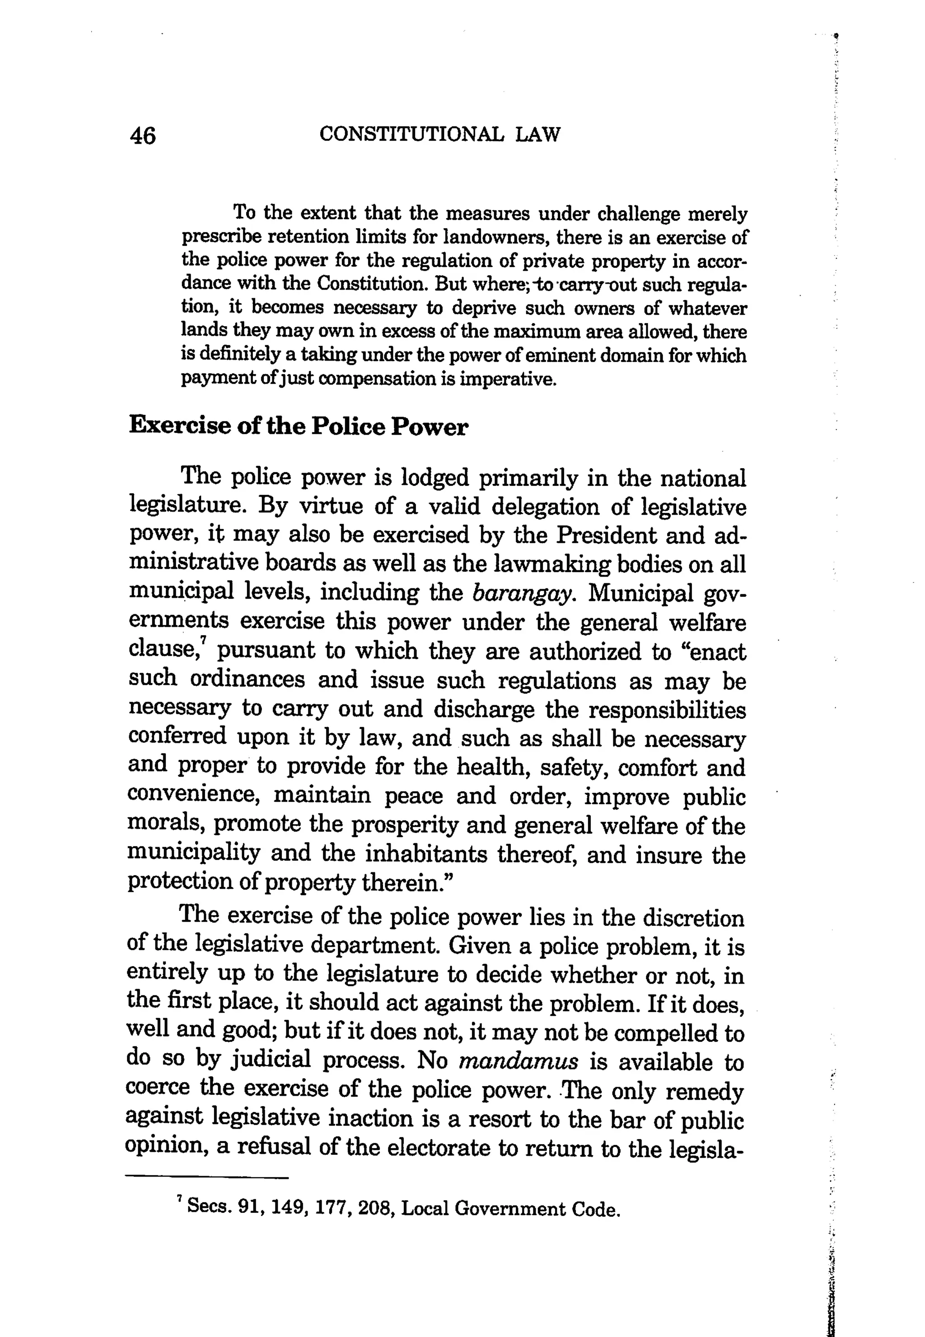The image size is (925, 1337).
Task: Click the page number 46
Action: (143, 136)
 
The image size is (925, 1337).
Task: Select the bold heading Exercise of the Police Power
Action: (298, 426)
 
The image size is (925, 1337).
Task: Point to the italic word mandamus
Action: (518, 1062)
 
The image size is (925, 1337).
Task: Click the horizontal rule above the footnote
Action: (207, 1177)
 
